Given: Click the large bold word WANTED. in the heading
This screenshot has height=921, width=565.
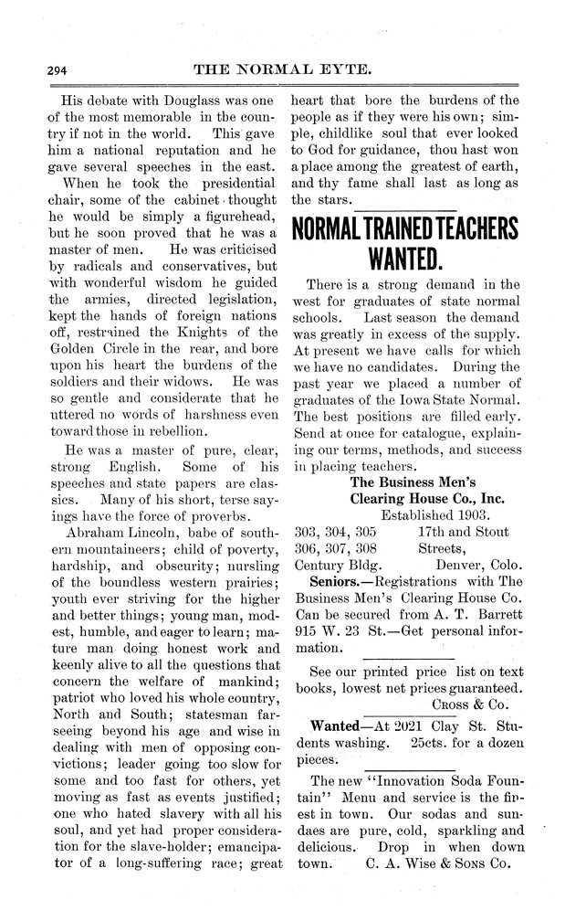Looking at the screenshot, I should [x=403, y=259].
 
